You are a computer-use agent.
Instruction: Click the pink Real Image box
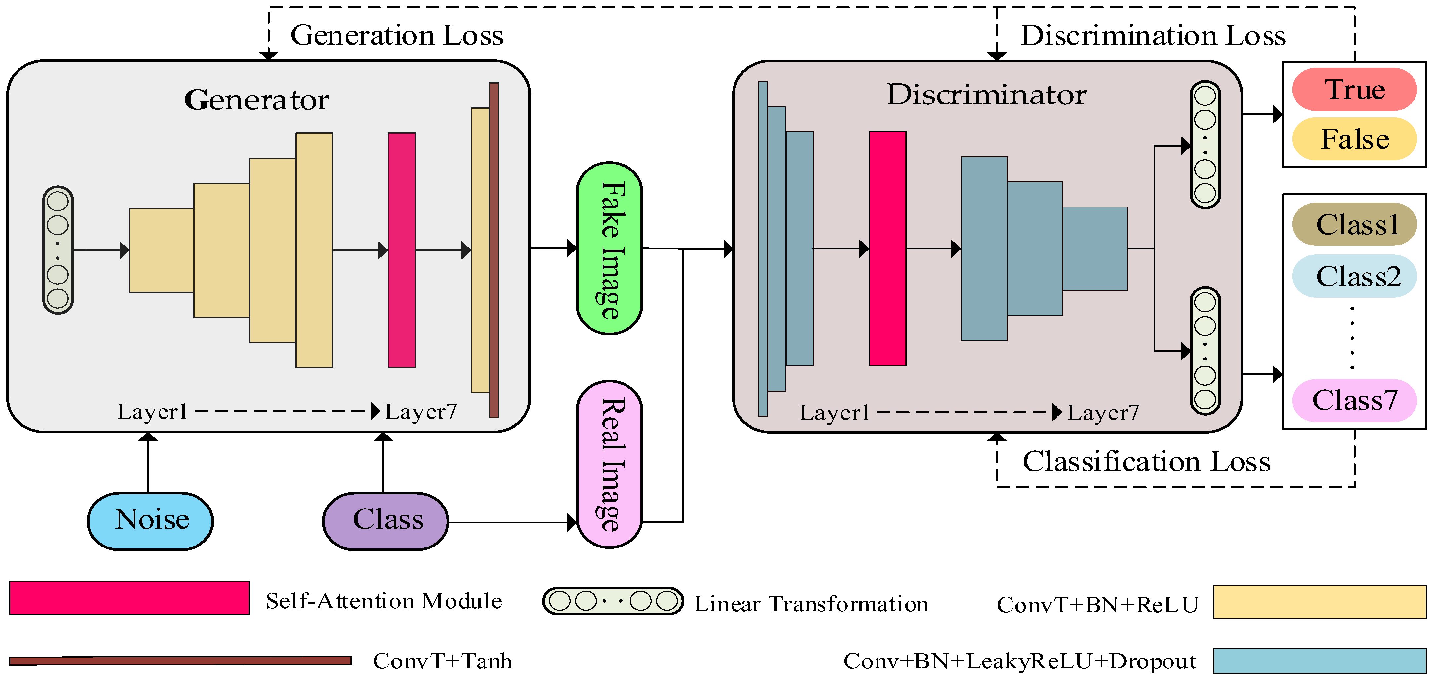(x=610, y=464)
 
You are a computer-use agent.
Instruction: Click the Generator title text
(x=257, y=100)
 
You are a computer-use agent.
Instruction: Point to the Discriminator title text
(x=986, y=94)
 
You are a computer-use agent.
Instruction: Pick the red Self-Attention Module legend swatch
(x=129, y=598)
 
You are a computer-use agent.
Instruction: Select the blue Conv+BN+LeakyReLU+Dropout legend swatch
(x=1319, y=660)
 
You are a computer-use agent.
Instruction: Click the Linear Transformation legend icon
(x=613, y=601)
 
